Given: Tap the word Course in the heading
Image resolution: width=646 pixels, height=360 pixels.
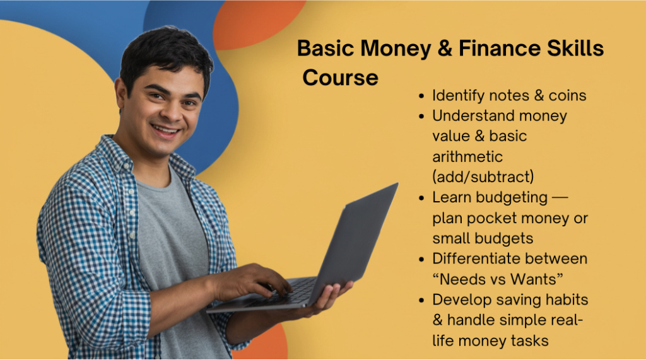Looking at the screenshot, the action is click(x=340, y=78).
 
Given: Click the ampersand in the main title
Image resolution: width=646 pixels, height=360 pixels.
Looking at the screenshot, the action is click(x=445, y=48).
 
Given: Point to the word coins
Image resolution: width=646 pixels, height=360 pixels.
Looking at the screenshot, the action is click(x=567, y=96).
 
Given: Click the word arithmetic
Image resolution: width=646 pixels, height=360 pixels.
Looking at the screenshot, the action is click(x=467, y=157).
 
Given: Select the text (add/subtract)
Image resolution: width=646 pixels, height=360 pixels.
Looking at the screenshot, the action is click(x=483, y=177).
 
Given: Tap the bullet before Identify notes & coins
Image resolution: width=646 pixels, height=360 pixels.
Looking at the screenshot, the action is click(x=421, y=96).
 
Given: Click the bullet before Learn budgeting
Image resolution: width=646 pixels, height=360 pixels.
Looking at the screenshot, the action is click(x=421, y=198).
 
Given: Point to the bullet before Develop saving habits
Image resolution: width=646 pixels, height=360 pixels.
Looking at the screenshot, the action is click(x=421, y=300).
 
